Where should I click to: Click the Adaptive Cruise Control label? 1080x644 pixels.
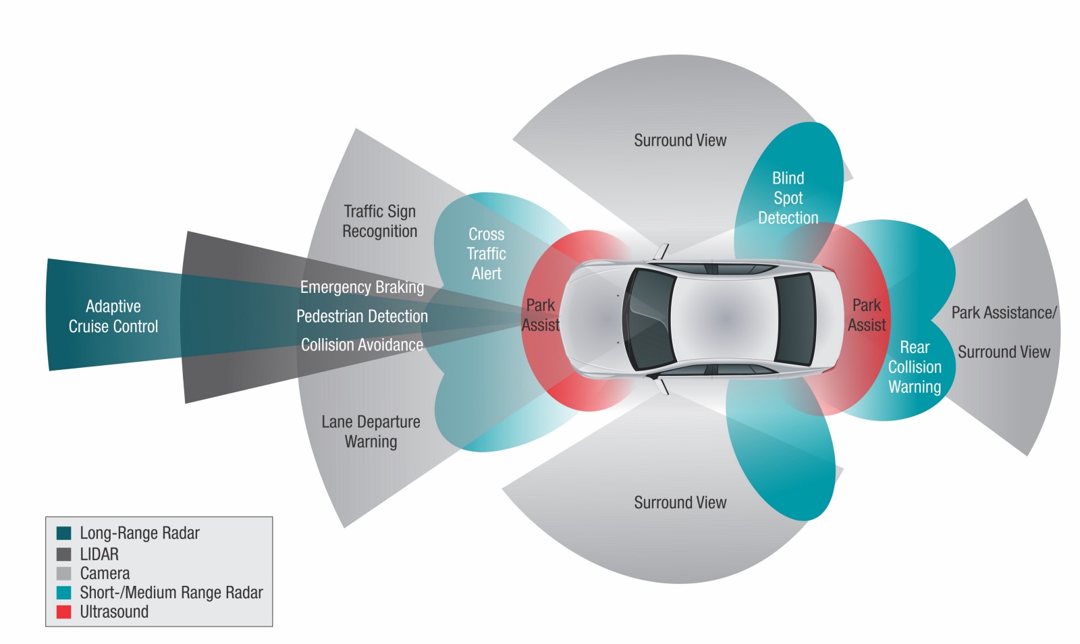(113, 317)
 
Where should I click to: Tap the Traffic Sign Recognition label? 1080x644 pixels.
(379, 221)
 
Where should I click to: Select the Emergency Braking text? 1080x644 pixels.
(362, 287)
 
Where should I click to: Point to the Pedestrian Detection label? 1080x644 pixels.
(362, 316)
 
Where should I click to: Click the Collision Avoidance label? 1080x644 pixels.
(362, 345)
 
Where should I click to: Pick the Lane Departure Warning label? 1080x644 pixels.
(371, 431)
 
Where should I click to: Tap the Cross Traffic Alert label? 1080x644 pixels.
(486, 254)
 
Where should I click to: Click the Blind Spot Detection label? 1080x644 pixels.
(788, 198)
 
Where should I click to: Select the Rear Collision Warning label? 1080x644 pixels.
(915, 367)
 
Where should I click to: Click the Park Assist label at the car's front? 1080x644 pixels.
(541, 315)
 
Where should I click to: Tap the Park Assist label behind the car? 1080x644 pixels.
(867, 315)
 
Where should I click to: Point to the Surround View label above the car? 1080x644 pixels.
(680, 140)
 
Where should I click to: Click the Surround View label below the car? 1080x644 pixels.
(680, 503)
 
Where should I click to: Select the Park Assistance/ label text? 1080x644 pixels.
(1004, 313)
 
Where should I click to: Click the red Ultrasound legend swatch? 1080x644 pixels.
(64, 612)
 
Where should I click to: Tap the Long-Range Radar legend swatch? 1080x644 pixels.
(64, 533)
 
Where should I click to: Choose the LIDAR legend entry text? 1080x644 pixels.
(99, 554)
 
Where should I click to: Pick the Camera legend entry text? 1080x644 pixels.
(105, 573)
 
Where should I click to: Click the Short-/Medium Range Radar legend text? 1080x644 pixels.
(171, 593)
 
